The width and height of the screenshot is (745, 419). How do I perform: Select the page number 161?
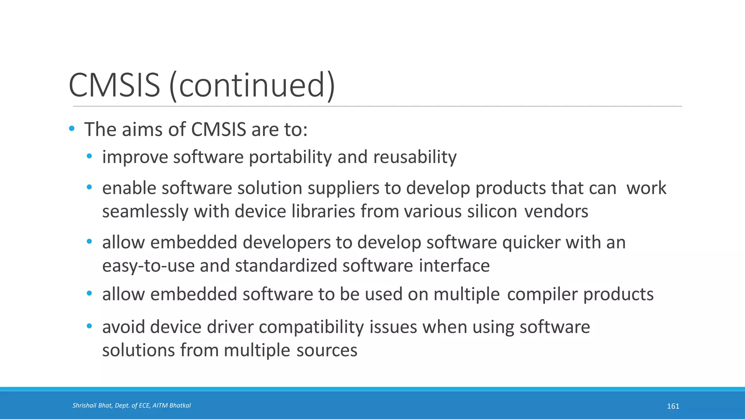pyautogui.click(x=673, y=406)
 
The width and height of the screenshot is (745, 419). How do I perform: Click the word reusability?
pyautogui.click(x=415, y=157)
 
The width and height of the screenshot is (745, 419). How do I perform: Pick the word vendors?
pyautogui.click(x=556, y=212)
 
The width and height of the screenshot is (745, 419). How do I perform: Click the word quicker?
pyautogui.click(x=531, y=243)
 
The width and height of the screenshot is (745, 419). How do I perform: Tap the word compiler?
pyautogui.click(x=542, y=294)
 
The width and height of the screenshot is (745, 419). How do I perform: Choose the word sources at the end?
pyautogui.click(x=327, y=350)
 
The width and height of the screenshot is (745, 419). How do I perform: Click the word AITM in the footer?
pyautogui.click(x=160, y=406)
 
